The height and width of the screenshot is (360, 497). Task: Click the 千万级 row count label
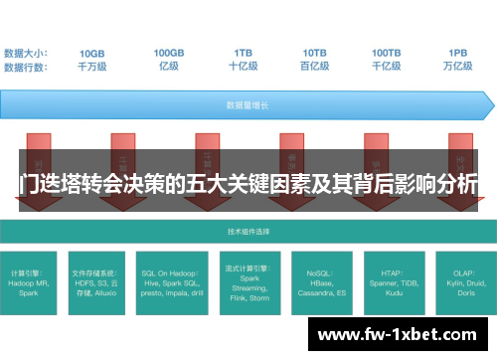point(90,66)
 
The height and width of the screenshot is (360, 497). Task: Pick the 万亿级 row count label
point(457,66)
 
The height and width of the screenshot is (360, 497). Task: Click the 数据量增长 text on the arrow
point(243,103)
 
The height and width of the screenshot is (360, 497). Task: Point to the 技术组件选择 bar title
point(243,230)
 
